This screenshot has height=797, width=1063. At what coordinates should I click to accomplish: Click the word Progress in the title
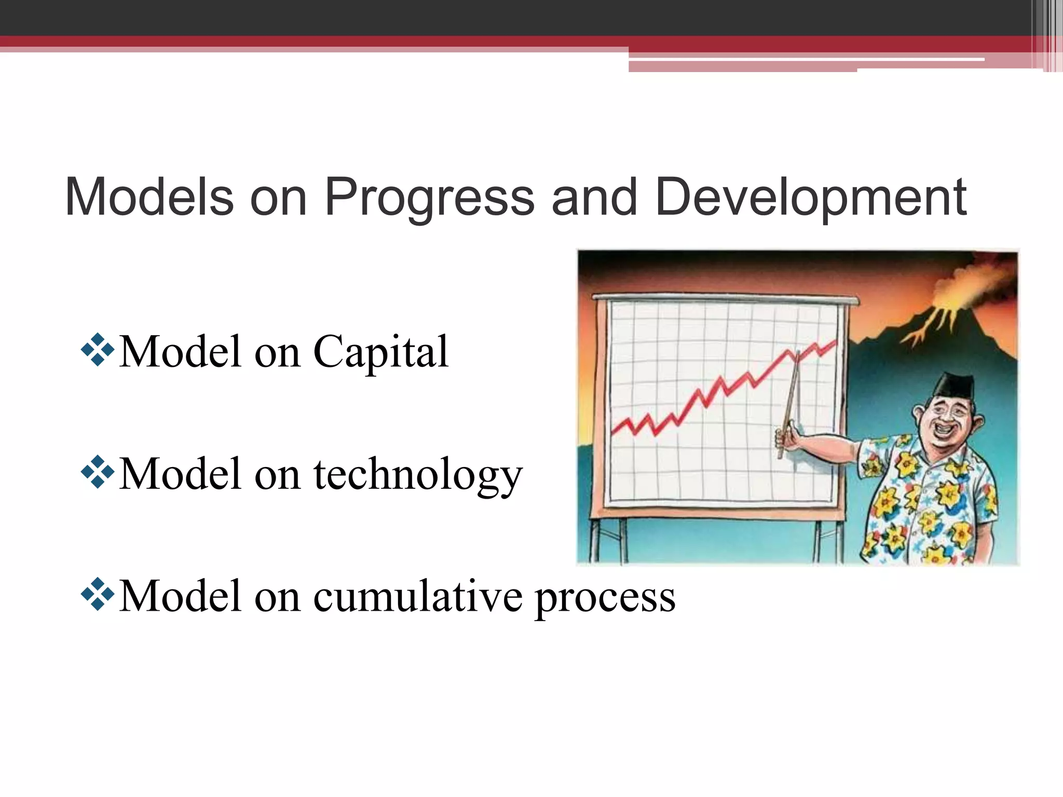pyautogui.click(x=429, y=198)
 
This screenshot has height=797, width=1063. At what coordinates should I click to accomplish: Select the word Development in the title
pyautogui.click(x=810, y=198)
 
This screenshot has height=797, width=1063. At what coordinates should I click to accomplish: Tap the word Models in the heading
pyautogui.click(x=149, y=198)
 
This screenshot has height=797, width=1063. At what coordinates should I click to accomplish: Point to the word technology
pyautogui.click(x=418, y=475)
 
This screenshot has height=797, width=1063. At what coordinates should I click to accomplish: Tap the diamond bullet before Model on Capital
pyautogui.click(x=98, y=350)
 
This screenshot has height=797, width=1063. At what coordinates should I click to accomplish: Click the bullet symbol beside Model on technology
pyautogui.click(x=98, y=472)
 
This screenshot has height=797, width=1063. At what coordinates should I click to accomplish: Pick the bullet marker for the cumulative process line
pyautogui.click(x=98, y=594)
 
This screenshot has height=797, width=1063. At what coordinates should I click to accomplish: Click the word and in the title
pyautogui.click(x=594, y=198)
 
